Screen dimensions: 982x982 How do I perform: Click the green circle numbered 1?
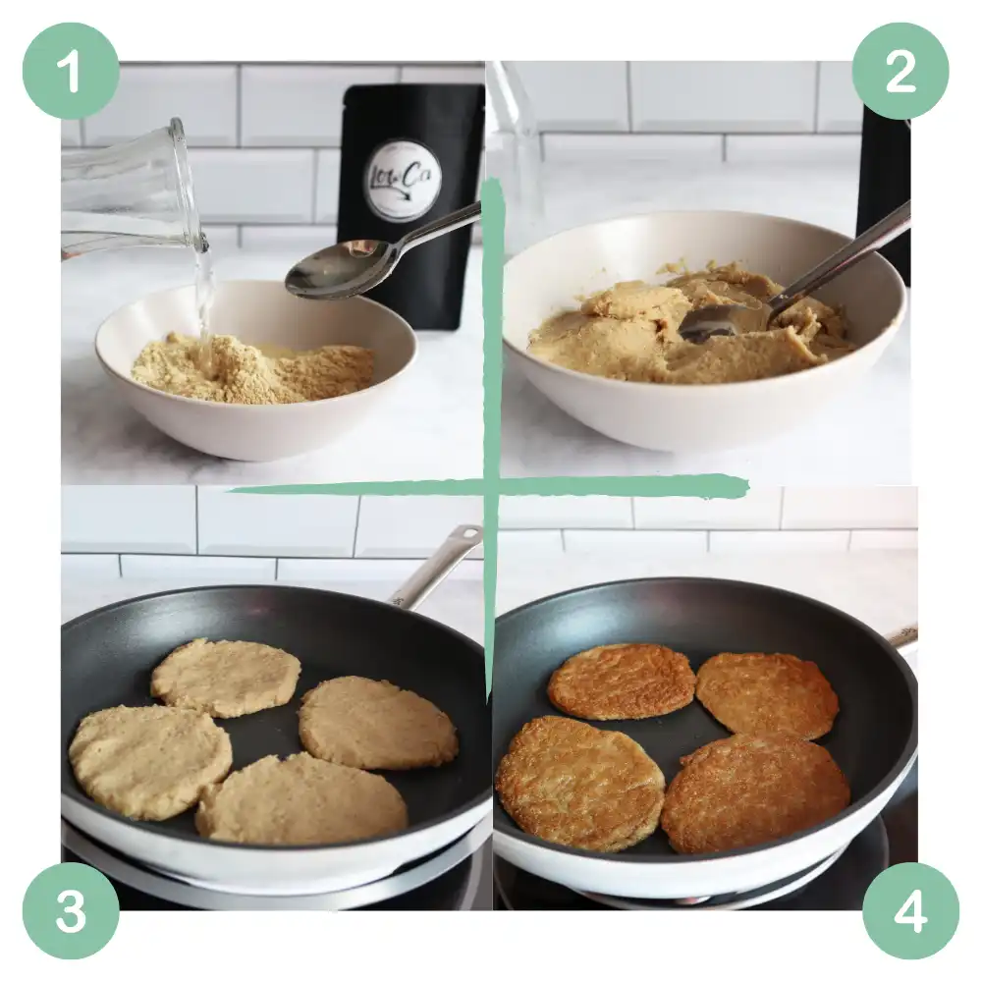click(71, 72)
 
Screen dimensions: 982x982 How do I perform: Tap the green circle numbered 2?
click(900, 72)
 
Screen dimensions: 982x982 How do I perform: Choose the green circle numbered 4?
click(910, 911)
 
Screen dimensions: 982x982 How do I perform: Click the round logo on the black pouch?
click(402, 180)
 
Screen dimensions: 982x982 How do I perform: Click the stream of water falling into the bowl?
click(203, 295)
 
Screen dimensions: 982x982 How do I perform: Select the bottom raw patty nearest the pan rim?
click(301, 797)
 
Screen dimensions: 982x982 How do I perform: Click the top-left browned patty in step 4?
click(621, 681)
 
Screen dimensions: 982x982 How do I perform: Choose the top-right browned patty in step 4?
click(767, 694)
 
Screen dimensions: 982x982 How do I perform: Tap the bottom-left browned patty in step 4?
click(579, 783)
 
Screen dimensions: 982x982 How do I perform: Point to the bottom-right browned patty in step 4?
click(755, 792)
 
